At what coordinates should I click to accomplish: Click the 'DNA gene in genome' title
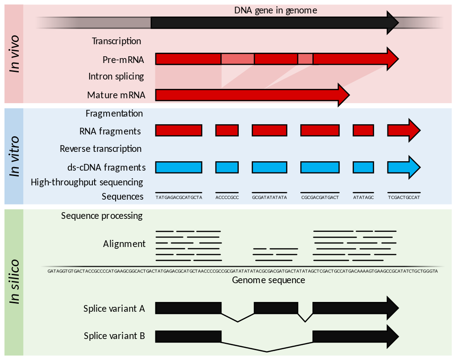275,10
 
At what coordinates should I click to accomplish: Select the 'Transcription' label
116,41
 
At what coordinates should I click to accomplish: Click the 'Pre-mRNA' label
123,59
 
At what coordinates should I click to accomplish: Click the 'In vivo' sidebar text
15,54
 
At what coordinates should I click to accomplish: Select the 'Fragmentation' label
114,113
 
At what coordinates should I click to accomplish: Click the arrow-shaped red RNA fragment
403,130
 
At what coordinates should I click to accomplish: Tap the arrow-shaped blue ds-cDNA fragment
403,167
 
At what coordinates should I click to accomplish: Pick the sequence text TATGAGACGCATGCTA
179,197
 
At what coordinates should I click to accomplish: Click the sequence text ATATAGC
363,197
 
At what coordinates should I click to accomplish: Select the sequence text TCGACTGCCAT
404,197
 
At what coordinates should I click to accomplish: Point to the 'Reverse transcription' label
100,149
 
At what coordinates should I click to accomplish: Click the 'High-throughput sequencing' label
87,182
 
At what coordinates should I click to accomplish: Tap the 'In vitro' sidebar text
15,156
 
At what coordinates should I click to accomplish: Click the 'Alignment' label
124,244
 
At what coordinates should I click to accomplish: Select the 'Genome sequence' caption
268,280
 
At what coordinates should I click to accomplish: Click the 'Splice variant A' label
114,309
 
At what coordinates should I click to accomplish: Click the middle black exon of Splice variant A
276,308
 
